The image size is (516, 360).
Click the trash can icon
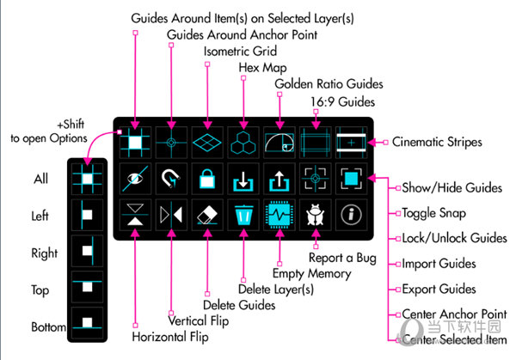click(x=243, y=214)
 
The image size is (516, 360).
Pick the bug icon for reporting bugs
click(x=315, y=214)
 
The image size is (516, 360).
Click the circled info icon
click(x=351, y=214)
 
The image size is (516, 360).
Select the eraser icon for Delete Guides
click(x=206, y=214)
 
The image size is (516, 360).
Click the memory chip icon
click(x=279, y=214)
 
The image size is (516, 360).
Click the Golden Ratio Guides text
click(x=329, y=84)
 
